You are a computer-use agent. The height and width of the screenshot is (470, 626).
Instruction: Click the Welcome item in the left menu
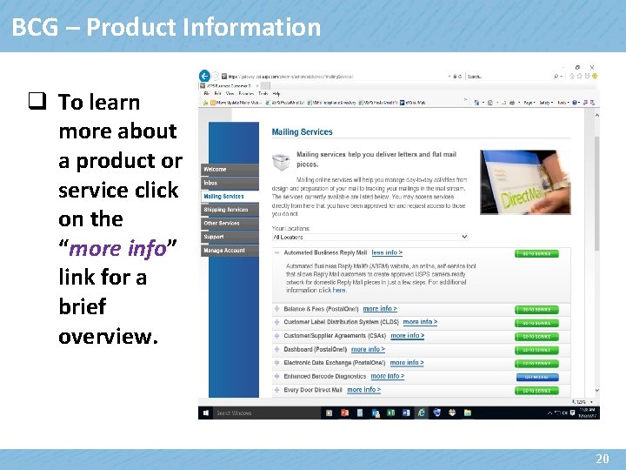pyautogui.click(x=215, y=170)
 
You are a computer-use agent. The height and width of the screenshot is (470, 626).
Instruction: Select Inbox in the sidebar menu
pyautogui.click(x=211, y=184)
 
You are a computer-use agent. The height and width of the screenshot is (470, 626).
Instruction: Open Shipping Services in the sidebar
pyautogui.click(x=225, y=210)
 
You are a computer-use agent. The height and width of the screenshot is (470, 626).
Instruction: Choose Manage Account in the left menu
pyautogui.click(x=224, y=251)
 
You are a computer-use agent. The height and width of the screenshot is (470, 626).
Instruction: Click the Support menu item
pyautogui.click(x=214, y=237)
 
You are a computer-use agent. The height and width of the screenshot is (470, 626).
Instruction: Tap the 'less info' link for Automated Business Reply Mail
pyautogui.click(x=387, y=253)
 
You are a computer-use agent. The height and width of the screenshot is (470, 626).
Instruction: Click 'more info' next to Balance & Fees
pyautogui.click(x=380, y=309)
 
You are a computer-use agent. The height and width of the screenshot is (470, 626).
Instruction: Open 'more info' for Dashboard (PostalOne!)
pyautogui.click(x=368, y=350)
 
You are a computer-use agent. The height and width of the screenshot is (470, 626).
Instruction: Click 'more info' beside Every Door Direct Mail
pyautogui.click(x=363, y=390)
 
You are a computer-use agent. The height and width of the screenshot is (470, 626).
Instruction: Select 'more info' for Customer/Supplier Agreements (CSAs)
pyautogui.click(x=407, y=336)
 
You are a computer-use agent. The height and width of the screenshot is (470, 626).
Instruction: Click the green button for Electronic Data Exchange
pyautogui.click(x=536, y=364)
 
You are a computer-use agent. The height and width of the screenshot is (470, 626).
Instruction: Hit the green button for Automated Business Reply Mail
pyautogui.click(x=536, y=254)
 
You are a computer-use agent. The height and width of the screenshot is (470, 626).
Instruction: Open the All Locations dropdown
pyautogui.click(x=370, y=237)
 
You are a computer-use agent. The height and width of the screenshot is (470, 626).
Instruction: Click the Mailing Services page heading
pyautogui.click(x=302, y=132)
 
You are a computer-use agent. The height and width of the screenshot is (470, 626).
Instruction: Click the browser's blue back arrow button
pyautogui.click(x=205, y=76)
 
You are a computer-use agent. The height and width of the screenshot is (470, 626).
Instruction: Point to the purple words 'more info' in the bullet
pyautogui.click(x=117, y=248)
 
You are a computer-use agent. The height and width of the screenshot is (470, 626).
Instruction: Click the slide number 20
pyautogui.click(x=602, y=458)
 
